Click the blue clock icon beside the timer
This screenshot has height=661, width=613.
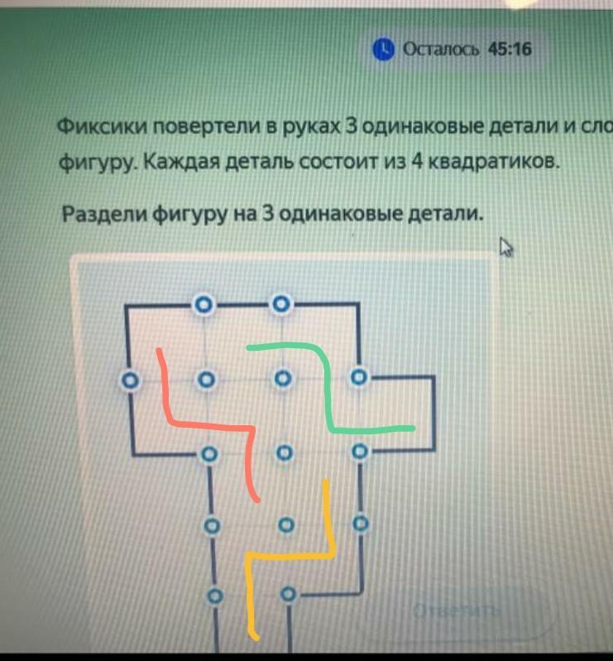coord(383,50)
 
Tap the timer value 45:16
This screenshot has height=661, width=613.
coord(510,50)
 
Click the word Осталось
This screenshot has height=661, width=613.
coord(441,50)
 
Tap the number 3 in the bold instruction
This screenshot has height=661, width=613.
coord(268,214)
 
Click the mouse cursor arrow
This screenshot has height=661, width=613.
coord(506,247)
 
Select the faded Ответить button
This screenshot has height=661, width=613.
coord(457,611)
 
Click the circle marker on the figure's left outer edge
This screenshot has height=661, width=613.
coord(128,381)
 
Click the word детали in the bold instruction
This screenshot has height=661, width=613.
coord(447,214)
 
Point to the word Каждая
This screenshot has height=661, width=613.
coord(175,160)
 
